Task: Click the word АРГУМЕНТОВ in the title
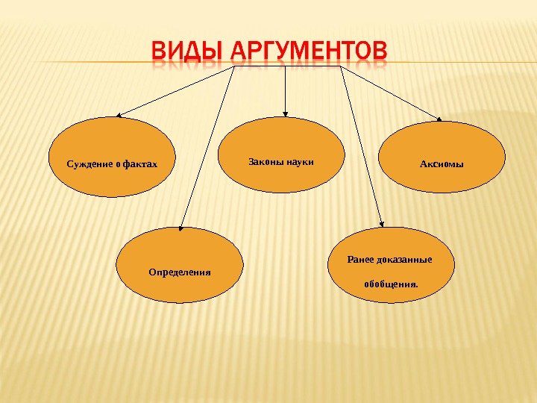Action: coord(310,52)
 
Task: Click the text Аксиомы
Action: coord(442,163)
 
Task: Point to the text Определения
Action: coord(180,272)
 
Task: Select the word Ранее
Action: coord(360,260)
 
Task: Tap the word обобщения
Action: coord(390,284)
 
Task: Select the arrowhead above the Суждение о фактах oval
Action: coord(119,115)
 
